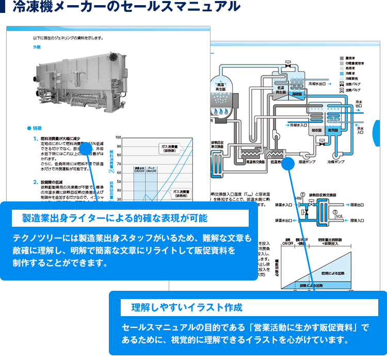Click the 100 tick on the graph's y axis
(x=119, y=138)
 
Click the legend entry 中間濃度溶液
(x=357, y=64)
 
